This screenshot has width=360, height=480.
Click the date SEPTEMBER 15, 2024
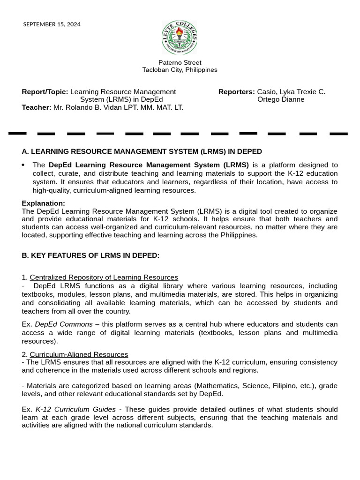coord(52,24)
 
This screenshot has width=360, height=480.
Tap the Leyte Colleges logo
coord(180,38)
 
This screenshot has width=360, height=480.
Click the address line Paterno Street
coord(180,62)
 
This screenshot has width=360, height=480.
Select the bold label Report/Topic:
coord(45,92)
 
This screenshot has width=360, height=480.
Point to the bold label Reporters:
coord(236,92)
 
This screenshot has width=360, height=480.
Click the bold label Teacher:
coord(37,107)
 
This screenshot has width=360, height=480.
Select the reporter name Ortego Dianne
coord(281,99)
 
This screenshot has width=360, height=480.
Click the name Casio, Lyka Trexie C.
coord(291,92)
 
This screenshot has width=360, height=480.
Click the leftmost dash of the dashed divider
coord(17,134)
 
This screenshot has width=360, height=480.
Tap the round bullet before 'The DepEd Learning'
coord(23,165)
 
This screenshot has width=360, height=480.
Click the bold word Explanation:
coord(44,203)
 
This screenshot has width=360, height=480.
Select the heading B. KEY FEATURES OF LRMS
coord(90,255)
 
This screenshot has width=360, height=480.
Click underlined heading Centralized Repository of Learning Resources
coord(104,277)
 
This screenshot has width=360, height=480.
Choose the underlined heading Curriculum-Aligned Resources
coord(79,354)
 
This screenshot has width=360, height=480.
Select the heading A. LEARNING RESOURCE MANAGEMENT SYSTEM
coord(142,151)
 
